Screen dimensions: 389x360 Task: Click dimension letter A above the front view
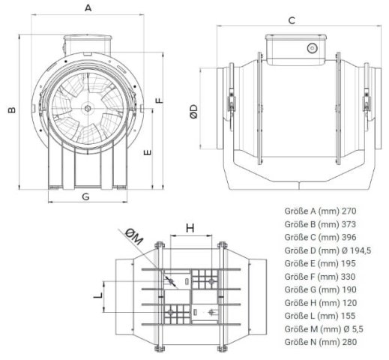tap(88, 7)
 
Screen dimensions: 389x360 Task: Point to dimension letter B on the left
tap(11, 110)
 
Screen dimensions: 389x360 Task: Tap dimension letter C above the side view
tap(292, 20)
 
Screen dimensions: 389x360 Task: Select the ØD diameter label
tap(193, 112)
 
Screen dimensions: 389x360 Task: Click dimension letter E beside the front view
tap(148, 152)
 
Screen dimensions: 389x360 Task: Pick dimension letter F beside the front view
tap(159, 100)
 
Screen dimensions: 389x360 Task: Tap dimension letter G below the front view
tap(85, 196)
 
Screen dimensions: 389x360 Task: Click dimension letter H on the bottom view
tap(190, 228)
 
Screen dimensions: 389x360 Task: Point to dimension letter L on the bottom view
tap(98, 295)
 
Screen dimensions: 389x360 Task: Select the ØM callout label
tap(134, 236)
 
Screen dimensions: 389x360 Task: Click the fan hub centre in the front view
tap(87, 108)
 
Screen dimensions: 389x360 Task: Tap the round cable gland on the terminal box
tap(312, 48)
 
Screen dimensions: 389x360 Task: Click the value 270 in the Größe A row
tap(349, 211)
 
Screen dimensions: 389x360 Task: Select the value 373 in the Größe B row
tap(349, 224)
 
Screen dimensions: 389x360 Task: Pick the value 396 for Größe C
tap(349, 237)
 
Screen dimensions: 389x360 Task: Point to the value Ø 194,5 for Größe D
tap(356, 250)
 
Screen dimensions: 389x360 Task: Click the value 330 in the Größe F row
tap(348, 277)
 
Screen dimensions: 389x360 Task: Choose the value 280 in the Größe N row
tap(349, 342)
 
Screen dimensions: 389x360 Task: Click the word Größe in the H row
tap(296, 303)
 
